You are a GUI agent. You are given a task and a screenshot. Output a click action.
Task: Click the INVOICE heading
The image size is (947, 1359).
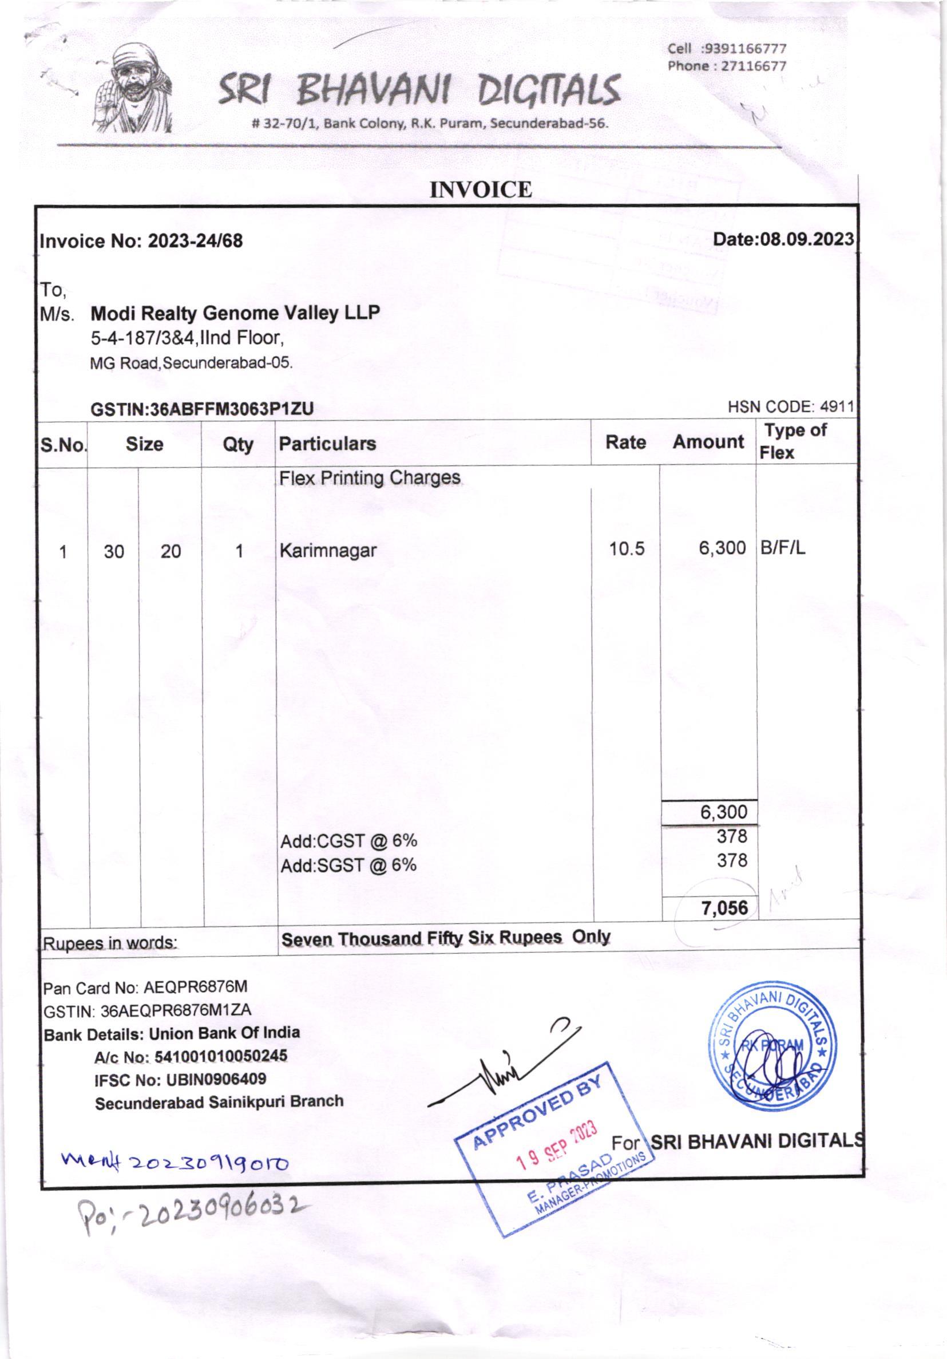pos(480,190)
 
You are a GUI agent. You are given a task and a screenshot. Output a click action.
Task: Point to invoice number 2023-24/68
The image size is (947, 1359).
pos(195,242)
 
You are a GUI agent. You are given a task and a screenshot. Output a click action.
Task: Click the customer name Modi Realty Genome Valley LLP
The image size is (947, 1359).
pos(235,313)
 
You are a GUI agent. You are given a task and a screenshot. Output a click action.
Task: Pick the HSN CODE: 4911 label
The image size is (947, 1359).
pos(790,406)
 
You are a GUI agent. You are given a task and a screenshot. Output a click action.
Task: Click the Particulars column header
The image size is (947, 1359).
pos(327,443)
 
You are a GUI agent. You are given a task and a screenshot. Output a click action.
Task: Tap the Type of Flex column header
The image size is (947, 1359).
pos(794,441)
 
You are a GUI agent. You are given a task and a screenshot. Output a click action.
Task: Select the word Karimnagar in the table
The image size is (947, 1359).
pos(328,551)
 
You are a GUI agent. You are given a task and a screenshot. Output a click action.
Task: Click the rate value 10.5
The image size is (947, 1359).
pos(627,550)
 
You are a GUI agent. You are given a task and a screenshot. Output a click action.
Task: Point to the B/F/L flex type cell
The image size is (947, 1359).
pos(783,548)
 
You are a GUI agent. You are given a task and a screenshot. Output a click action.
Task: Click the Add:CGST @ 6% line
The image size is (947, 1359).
pos(348,840)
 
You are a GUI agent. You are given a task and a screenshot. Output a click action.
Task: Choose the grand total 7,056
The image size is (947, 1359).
pos(724,908)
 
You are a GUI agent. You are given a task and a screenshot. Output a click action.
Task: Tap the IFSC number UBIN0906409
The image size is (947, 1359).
pos(216,1079)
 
